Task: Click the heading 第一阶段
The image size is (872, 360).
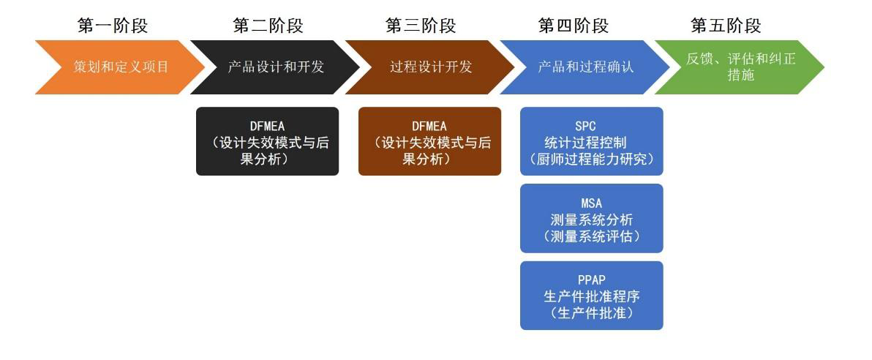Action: [113, 26]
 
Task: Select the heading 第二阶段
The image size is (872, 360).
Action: [268, 26]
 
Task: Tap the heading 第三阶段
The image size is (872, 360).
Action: [421, 26]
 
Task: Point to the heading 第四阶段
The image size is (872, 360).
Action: [574, 26]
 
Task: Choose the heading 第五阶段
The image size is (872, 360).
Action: [726, 26]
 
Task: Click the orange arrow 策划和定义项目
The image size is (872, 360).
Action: [120, 67]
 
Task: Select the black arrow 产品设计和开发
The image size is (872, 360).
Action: [275, 67]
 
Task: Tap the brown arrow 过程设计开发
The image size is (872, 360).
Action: [430, 67]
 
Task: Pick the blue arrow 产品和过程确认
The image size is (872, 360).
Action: [585, 67]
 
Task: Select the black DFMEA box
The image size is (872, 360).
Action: [268, 141]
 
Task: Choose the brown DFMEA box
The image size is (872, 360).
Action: [430, 141]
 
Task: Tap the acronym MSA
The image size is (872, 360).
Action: [591, 203]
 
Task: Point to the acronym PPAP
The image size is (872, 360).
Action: [591, 280]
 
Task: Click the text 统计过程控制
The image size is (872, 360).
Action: [592, 142]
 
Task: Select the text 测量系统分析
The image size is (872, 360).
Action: [592, 219]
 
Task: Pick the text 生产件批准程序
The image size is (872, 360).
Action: [592, 296]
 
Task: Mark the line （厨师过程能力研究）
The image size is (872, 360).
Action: [592, 159]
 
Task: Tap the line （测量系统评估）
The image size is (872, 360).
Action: [592, 236]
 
